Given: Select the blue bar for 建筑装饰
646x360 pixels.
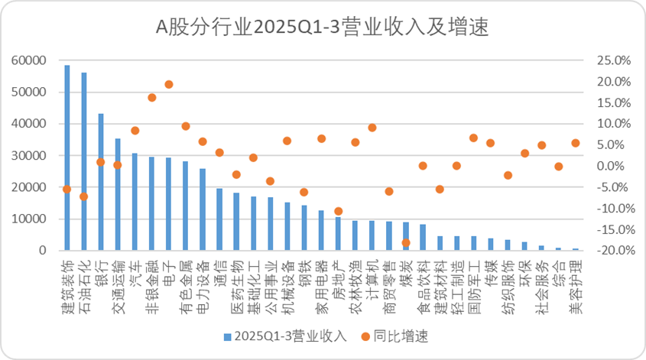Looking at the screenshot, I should (67, 158).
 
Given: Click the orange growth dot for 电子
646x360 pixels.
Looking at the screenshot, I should (169, 84).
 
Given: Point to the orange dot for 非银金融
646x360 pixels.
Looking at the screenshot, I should (152, 97).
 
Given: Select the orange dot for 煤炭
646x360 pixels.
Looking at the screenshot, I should (406, 242).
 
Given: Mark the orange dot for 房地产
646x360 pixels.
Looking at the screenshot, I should (338, 211).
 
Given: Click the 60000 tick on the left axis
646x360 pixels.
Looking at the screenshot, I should (31, 60).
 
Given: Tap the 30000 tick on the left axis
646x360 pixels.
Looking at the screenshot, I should (31, 155).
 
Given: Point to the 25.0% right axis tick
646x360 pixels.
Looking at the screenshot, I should (602, 60).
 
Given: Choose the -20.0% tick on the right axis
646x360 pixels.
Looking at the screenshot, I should (601, 251).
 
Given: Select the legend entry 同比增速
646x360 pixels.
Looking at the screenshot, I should (398, 336).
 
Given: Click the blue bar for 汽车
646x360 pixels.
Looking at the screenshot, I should (135, 202).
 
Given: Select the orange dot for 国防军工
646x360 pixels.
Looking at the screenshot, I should (473, 138).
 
